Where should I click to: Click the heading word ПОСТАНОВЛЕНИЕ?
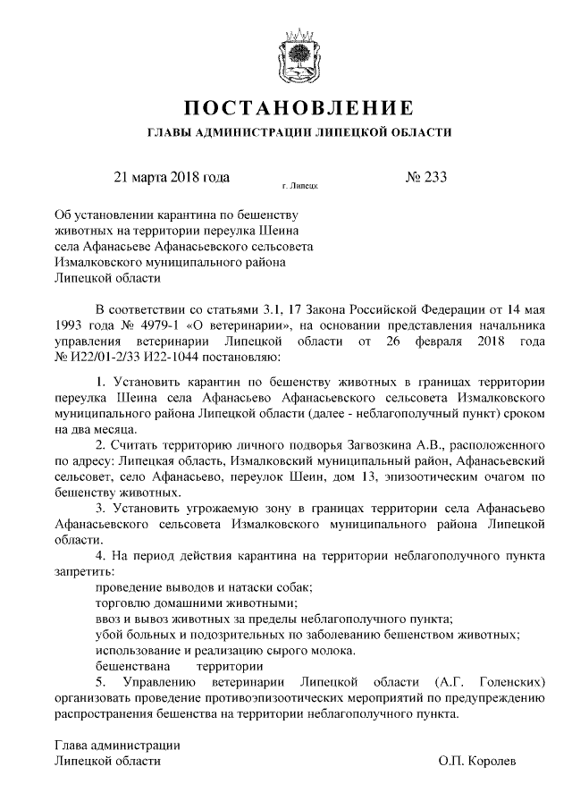299,109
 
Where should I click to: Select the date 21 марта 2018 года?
172,176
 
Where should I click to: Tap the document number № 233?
425,176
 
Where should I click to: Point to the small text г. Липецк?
299,187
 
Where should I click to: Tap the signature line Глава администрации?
117,744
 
